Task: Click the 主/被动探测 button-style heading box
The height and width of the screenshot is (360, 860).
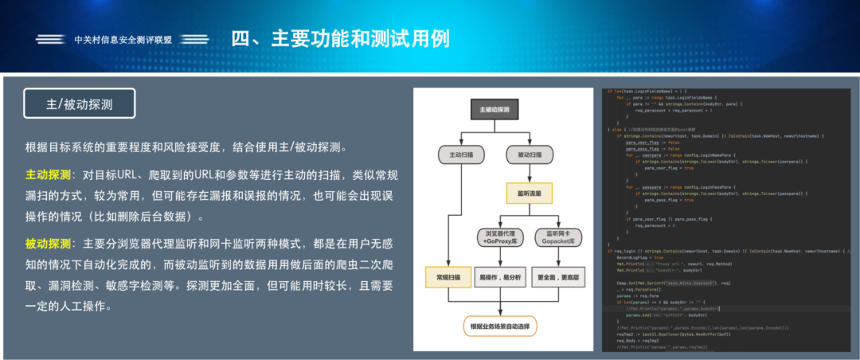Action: coord(80,104)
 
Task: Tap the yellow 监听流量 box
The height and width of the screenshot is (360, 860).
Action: coord(529,194)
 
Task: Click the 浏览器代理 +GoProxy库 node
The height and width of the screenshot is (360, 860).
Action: coord(501,236)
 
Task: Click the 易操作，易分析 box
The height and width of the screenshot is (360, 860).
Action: coord(501,277)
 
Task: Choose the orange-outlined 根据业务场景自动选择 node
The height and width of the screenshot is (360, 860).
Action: coord(501,326)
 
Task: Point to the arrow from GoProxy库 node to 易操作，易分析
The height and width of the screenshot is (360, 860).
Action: coord(501,257)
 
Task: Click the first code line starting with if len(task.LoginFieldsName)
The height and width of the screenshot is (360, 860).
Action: coord(661,92)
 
